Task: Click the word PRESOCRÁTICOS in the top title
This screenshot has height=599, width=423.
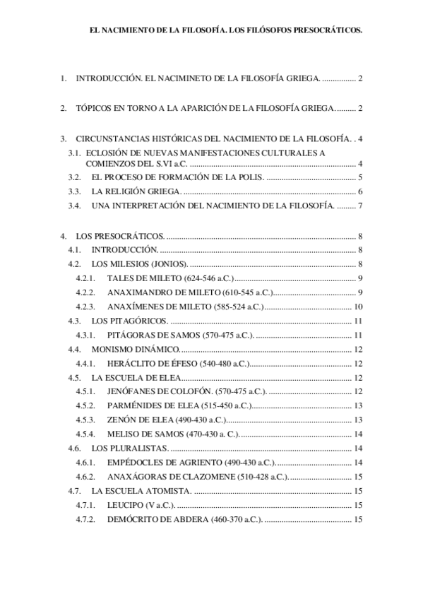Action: [326, 31]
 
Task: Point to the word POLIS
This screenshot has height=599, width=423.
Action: [247, 177]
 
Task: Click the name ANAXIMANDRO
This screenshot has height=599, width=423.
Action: [140, 292]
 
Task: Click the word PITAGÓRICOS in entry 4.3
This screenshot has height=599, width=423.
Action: [133, 321]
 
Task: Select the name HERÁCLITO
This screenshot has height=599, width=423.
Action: [133, 364]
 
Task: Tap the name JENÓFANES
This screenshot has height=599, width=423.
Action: [133, 392]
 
